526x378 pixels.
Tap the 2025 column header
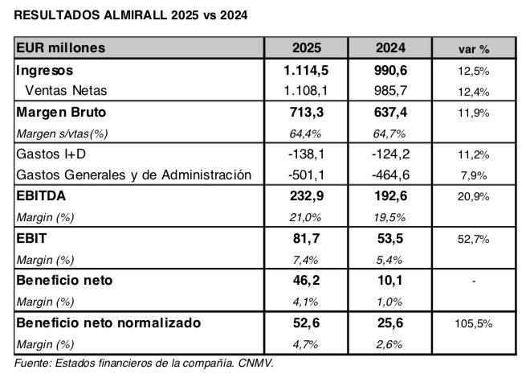pos(307,49)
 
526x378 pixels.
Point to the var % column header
pos(473,50)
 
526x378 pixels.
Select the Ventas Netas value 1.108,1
pos(307,90)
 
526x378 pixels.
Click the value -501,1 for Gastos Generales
pos(307,175)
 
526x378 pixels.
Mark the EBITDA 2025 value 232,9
pos(307,195)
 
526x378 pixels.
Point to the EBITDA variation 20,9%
pos(473,196)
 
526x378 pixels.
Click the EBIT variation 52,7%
pos(473,239)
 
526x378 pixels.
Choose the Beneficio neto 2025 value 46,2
pos(307,281)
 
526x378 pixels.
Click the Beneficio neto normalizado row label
pos(108,323)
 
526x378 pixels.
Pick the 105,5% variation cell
pos(473,323)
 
